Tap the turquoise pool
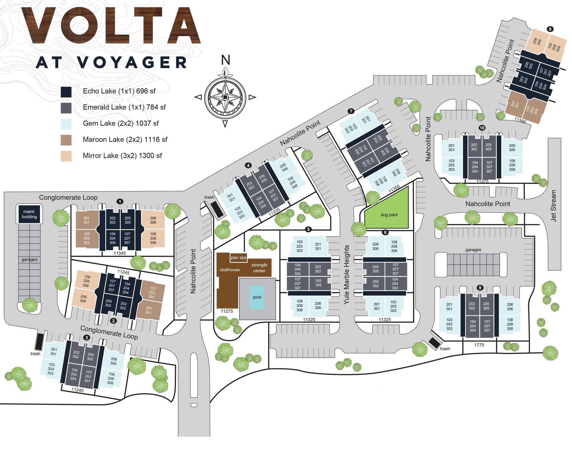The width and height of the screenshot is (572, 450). pyautogui.click(x=257, y=297)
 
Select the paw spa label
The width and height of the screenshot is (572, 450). pyautogui.click(x=239, y=258)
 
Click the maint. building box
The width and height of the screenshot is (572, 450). pyautogui.click(x=29, y=214)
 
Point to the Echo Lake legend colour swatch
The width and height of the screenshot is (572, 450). pyautogui.click(x=66, y=92)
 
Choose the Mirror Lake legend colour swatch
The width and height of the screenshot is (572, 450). pyautogui.click(x=66, y=156)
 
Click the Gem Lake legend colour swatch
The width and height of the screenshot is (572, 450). pyautogui.click(x=66, y=124)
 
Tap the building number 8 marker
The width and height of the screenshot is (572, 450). pyautogui.click(x=550, y=29)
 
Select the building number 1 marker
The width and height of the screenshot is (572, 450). pyautogui.click(x=120, y=202)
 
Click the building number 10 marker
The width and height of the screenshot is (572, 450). pyautogui.click(x=482, y=128)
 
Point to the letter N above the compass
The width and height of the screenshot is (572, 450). pyautogui.click(x=225, y=60)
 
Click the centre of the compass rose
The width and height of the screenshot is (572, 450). pyautogui.click(x=225, y=97)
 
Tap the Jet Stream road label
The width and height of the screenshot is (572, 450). pyautogui.click(x=553, y=206)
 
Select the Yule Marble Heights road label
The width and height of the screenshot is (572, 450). pyautogui.click(x=347, y=274)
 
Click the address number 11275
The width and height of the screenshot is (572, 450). pyautogui.click(x=227, y=311)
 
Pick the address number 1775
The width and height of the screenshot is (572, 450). pyautogui.click(x=479, y=345)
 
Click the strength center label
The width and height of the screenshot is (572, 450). pyautogui.click(x=259, y=268)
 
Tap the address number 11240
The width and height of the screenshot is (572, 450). pyautogui.click(x=78, y=390)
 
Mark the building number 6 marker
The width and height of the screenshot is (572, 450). pyautogui.click(x=385, y=232)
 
